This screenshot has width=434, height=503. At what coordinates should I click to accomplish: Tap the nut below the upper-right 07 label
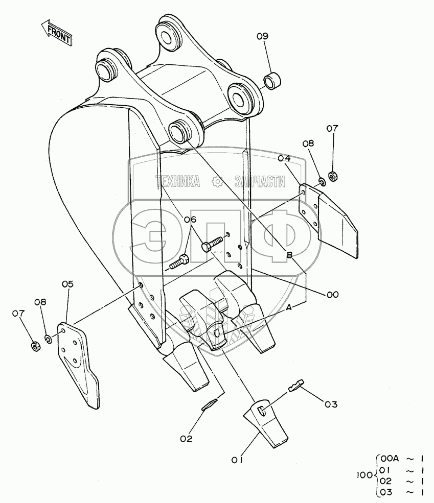click(x=332, y=176)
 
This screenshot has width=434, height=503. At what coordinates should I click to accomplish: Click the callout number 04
click(x=284, y=158)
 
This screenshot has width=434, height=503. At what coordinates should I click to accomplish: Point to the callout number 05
click(x=67, y=284)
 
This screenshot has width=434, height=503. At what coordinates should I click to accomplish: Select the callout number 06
click(x=190, y=220)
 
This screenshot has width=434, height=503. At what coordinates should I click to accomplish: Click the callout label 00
click(x=333, y=294)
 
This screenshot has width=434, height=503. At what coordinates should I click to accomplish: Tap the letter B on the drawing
click(x=289, y=255)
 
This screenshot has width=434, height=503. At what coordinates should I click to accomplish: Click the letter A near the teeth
click(x=289, y=307)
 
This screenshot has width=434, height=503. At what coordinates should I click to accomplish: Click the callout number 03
click(x=331, y=404)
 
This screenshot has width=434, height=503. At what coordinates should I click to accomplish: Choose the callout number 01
click(x=236, y=460)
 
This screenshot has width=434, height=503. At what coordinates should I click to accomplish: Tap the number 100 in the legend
click(x=364, y=475)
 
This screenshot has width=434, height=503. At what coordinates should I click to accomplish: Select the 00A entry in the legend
click(x=387, y=458)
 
